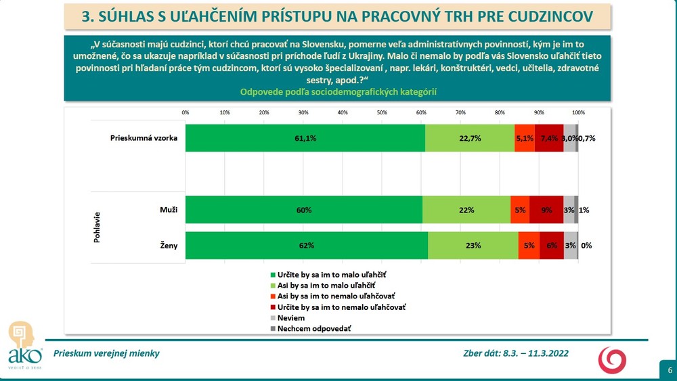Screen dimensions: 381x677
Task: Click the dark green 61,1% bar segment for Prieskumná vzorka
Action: pyautogui.click(x=305, y=138)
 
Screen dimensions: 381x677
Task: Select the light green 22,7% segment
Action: pyautogui.click(x=470, y=138)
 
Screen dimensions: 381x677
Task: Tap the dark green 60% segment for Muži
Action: pyautogui.click(x=303, y=210)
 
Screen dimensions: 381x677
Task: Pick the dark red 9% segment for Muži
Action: pyautogui.click(x=546, y=210)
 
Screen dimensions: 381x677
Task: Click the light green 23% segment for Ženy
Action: pyautogui.click(x=473, y=246)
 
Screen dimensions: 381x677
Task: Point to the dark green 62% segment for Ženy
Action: pyautogui.click(x=307, y=246)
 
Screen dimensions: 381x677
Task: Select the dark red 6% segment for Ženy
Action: pyautogui.click(x=551, y=246)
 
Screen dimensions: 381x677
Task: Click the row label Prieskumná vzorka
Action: pyautogui.click(x=144, y=138)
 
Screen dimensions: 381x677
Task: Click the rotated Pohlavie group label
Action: pyautogui.click(x=97, y=228)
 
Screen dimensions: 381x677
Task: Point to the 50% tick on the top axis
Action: pyautogui.click(x=382, y=112)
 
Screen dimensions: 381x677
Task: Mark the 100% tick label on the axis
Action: pyautogui.click(x=578, y=112)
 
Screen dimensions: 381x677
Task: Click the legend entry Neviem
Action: pyautogui.click(x=288, y=317)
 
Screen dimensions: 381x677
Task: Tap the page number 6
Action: pyautogui.click(x=669, y=370)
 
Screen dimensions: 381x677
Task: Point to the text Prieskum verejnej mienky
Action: pyautogui.click(x=107, y=353)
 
